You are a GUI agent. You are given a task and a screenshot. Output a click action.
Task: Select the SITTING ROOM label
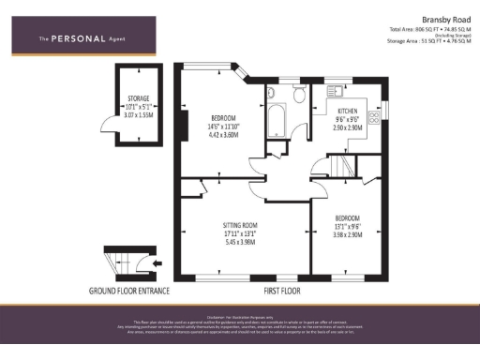pyautogui.click(x=240, y=226)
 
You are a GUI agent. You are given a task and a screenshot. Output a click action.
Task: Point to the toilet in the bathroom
pyautogui.click(x=298, y=94)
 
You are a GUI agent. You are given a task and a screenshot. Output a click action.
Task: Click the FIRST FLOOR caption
pyautogui.click(x=285, y=291)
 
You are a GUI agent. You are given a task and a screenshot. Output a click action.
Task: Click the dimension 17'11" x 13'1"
pyautogui.click(x=240, y=234)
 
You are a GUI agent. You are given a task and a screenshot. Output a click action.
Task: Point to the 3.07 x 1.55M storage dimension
pyautogui.click(x=138, y=114)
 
